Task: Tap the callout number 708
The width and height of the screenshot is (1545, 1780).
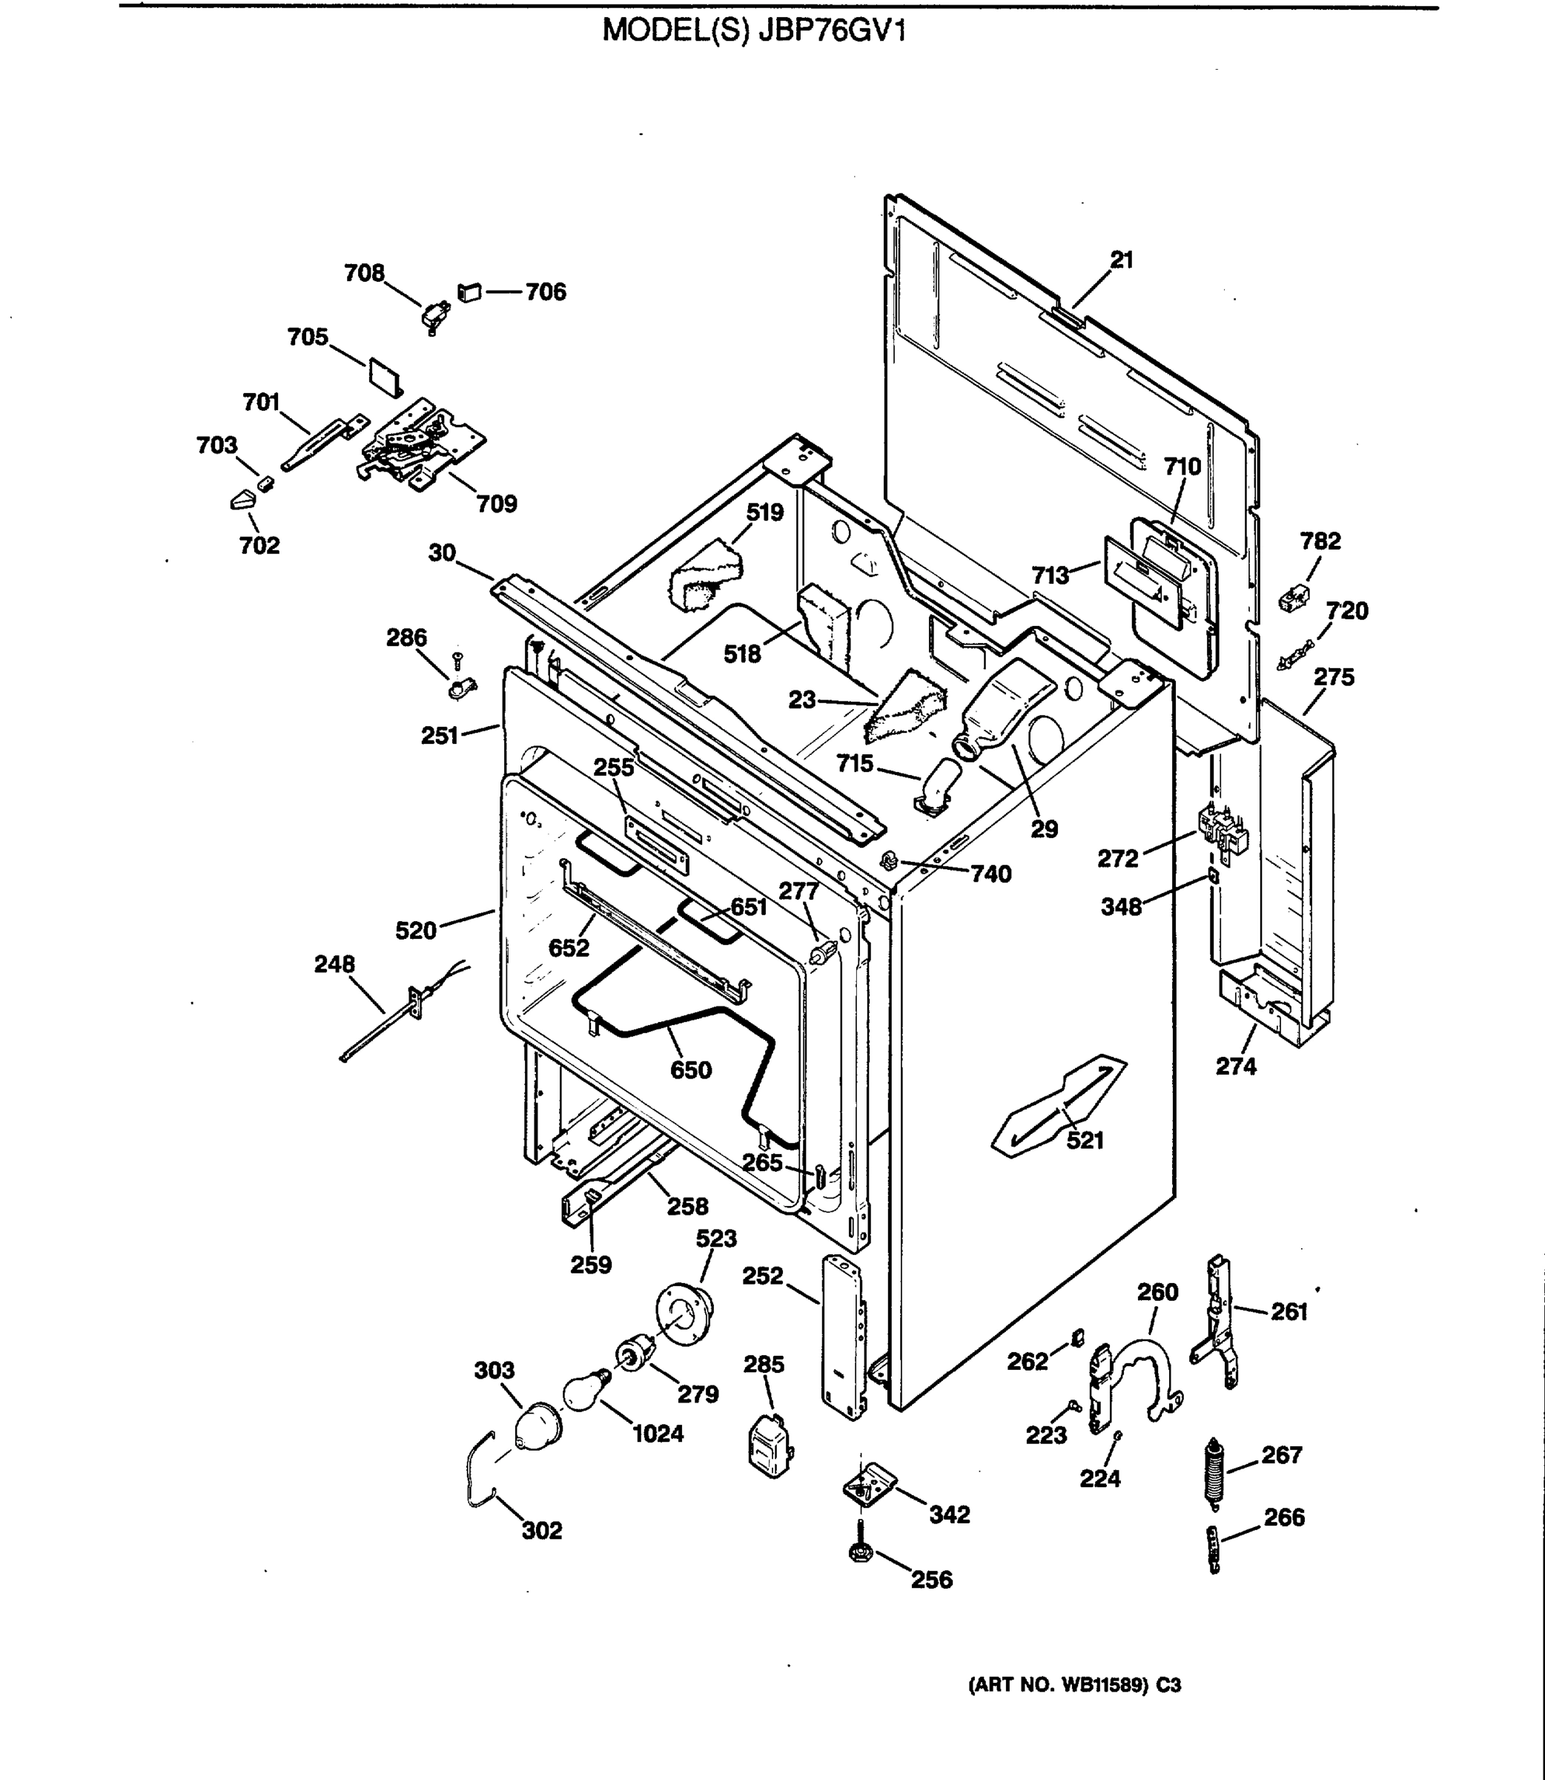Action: (364, 274)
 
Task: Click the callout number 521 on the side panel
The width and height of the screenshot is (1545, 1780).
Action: (1085, 1140)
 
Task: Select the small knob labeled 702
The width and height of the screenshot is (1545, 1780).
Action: (243, 499)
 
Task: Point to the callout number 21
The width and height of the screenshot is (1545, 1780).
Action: (1122, 260)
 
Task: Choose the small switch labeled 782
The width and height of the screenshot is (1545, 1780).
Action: (1293, 598)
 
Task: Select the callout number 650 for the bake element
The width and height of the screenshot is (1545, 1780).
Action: (691, 1070)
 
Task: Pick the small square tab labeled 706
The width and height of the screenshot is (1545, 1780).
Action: (470, 292)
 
